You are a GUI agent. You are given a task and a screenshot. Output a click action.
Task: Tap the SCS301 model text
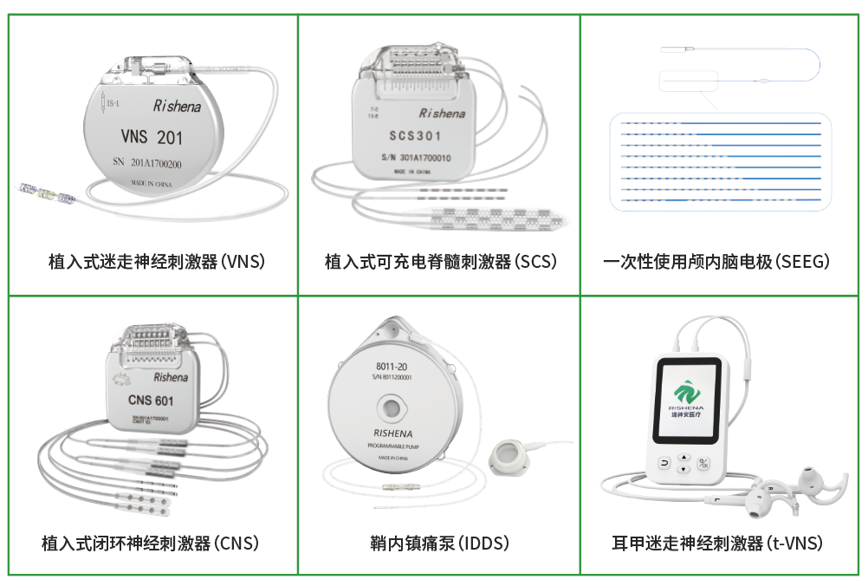coord(415,136)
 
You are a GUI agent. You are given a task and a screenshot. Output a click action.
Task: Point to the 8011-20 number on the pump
coord(392,366)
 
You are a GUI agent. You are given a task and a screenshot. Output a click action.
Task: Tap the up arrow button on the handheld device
coord(683,458)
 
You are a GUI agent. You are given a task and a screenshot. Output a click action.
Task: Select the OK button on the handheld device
coord(704,463)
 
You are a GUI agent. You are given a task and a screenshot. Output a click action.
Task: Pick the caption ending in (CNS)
coord(151,544)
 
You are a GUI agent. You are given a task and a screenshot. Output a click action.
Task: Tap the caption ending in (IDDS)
coord(439,544)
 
